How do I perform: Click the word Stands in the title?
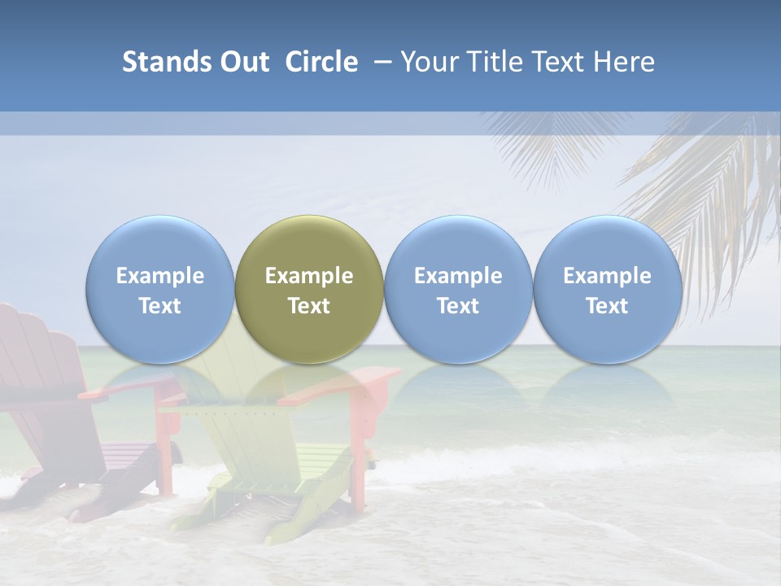pyautogui.click(x=164, y=62)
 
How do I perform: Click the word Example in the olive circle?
pyautogui.click(x=309, y=276)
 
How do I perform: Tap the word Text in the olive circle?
pyautogui.click(x=309, y=306)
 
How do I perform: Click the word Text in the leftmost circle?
pyautogui.click(x=160, y=306)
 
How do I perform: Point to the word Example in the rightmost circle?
pyautogui.click(x=607, y=276)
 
